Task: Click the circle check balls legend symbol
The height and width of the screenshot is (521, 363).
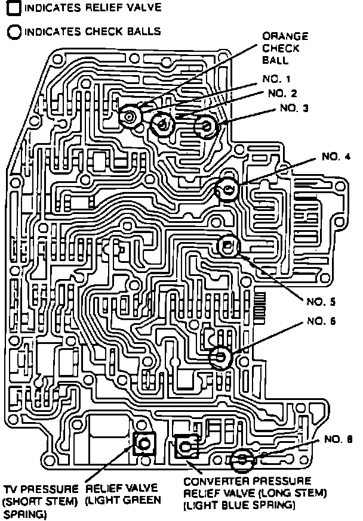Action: pos(13,31)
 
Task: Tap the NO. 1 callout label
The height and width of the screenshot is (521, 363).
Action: pos(276,78)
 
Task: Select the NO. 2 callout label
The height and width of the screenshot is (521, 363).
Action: pos(282,93)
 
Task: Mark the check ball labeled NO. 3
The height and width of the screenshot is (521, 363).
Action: pos(207,126)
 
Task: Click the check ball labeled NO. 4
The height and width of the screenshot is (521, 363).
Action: pos(227,190)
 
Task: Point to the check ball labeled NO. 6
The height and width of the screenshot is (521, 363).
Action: pos(220,357)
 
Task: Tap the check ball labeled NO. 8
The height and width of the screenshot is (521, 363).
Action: pos(242,460)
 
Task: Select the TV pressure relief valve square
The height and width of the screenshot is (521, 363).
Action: pos(144,444)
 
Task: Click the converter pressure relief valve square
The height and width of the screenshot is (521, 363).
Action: pos(186,445)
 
